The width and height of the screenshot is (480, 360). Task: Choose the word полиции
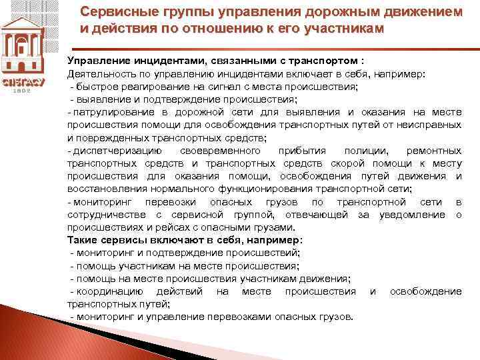[x=363, y=151]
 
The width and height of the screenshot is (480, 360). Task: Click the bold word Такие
[x=83, y=239]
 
